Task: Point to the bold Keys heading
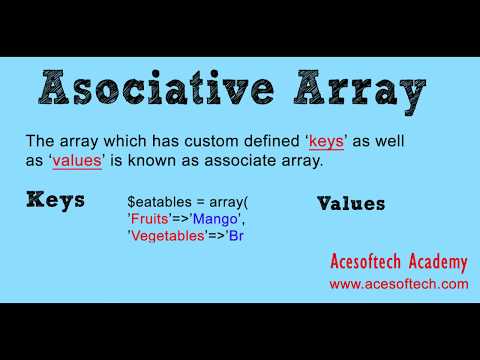55,198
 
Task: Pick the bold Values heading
350,203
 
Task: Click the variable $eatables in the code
162,200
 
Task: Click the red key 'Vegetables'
166,236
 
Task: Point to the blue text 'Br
236,236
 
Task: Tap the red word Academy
436,263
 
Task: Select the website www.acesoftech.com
398,284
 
